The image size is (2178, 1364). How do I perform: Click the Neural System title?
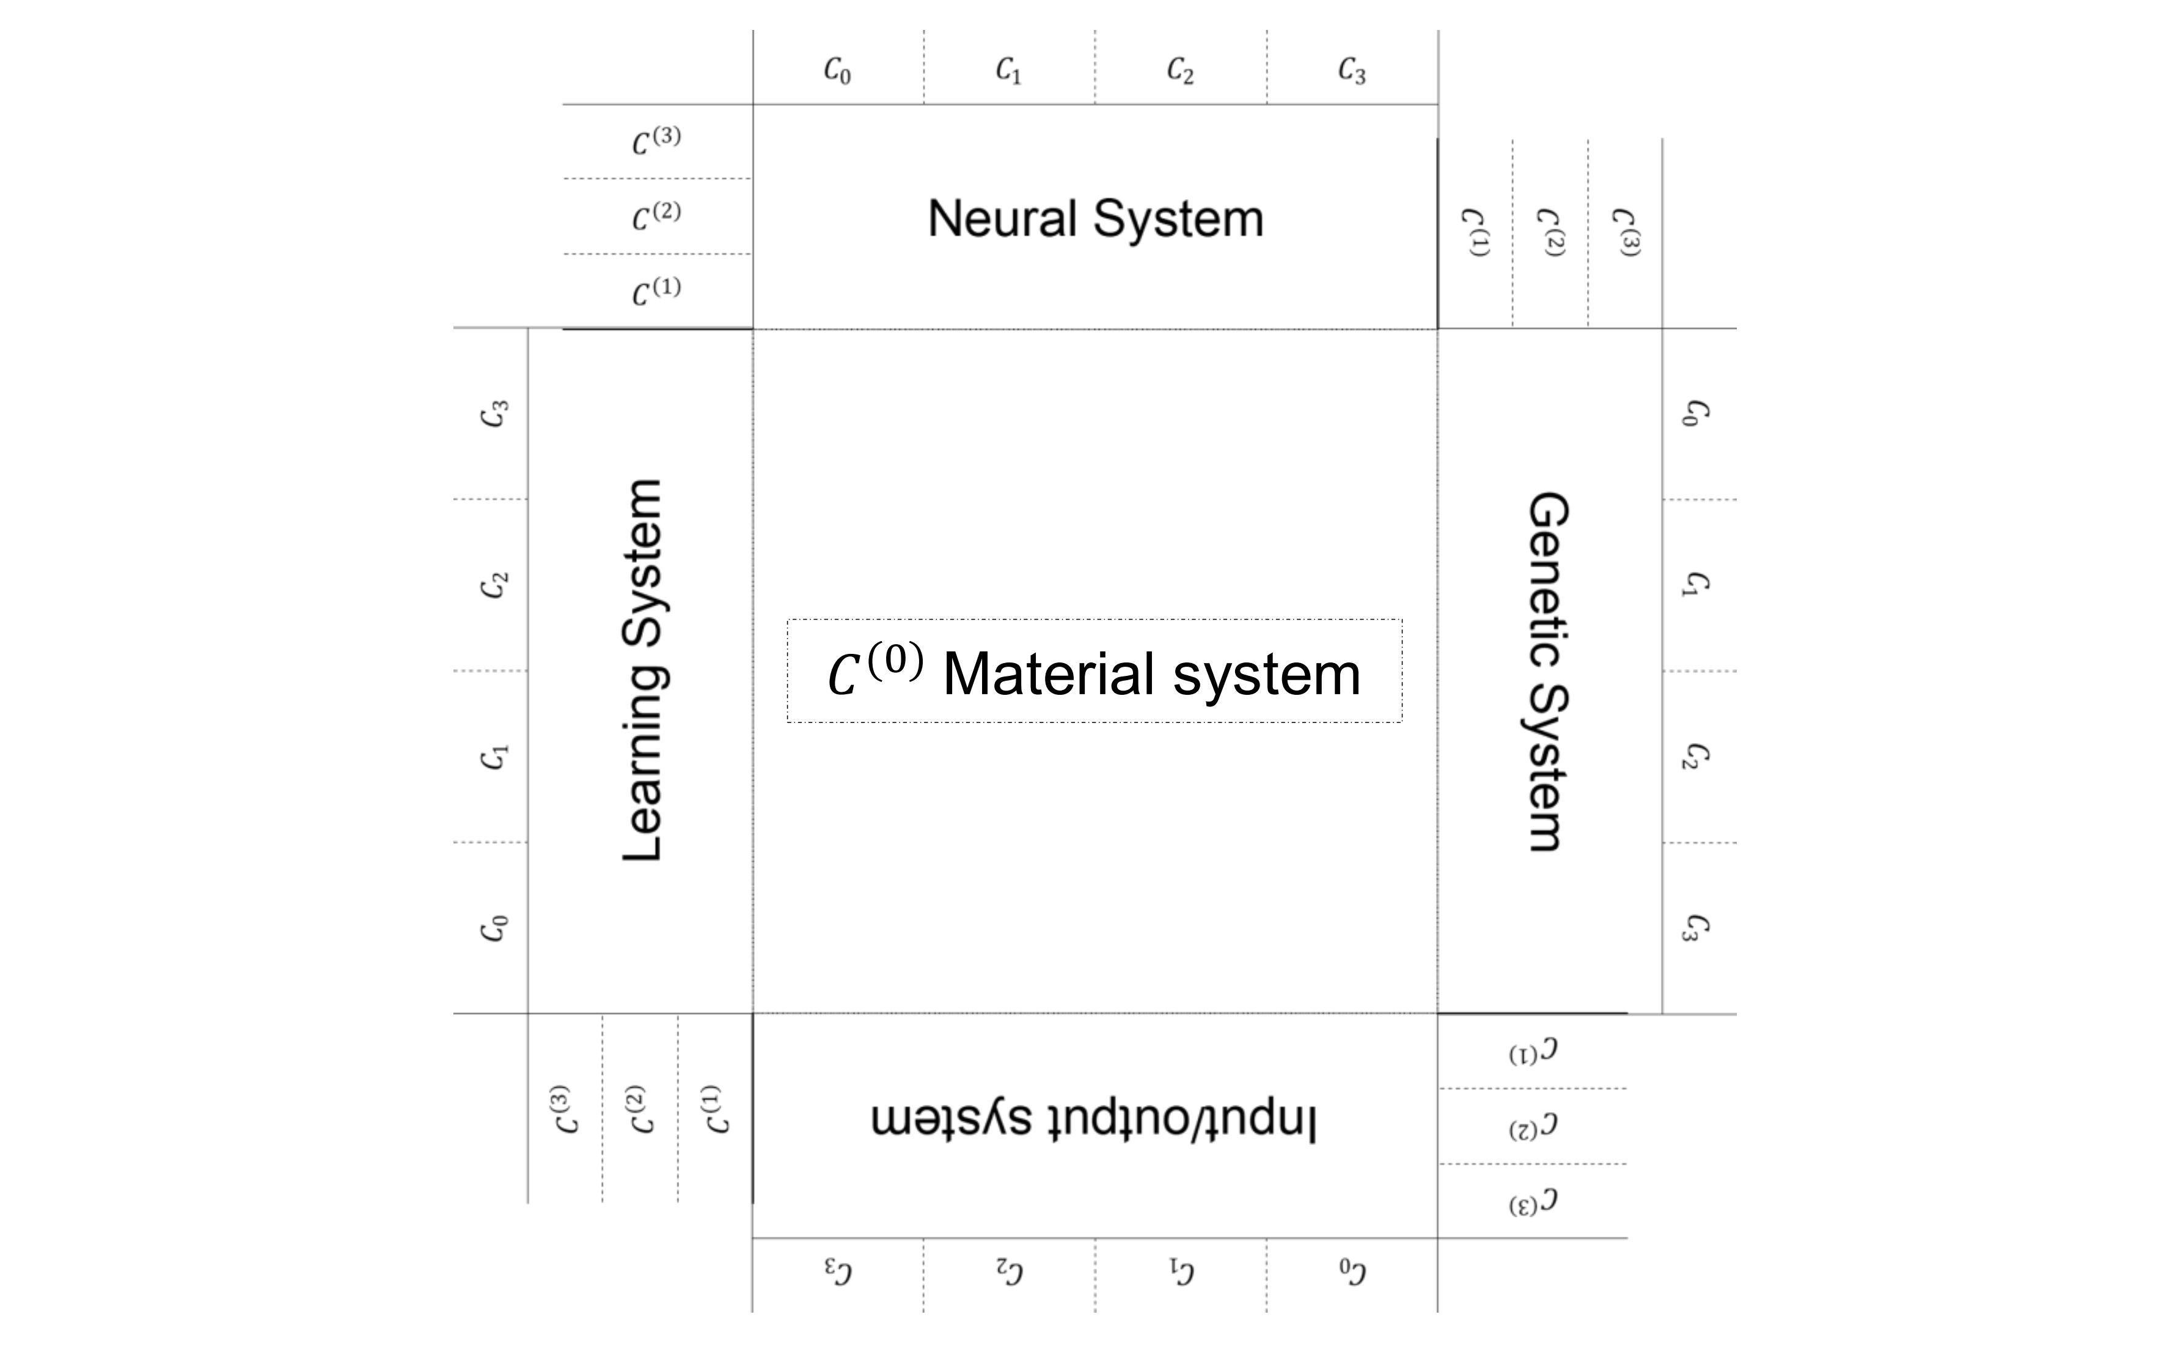click(x=1095, y=219)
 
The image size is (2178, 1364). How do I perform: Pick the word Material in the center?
click(x=1047, y=674)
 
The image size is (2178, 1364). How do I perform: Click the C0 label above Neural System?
click(x=837, y=70)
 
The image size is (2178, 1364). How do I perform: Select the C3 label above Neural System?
click(x=1351, y=70)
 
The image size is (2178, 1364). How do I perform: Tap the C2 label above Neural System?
click(x=1179, y=70)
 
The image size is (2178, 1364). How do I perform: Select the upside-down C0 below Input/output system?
click(x=1352, y=1271)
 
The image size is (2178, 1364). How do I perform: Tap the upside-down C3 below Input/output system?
click(x=838, y=1271)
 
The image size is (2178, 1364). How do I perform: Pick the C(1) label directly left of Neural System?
click(x=656, y=290)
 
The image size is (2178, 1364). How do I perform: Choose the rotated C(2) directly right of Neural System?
click(x=1549, y=233)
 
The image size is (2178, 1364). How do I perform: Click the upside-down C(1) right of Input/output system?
click(x=1533, y=1052)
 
